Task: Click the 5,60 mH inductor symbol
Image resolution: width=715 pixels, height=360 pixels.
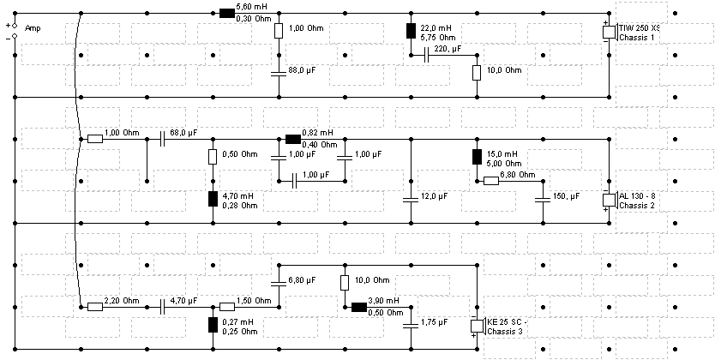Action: point(226,13)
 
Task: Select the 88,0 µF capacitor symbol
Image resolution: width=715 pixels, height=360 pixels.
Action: point(279,73)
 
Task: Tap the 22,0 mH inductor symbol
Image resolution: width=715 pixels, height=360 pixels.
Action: point(411,31)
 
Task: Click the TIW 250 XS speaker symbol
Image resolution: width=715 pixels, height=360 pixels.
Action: point(610,32)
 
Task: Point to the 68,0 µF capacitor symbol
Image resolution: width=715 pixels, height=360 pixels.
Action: point(163,139)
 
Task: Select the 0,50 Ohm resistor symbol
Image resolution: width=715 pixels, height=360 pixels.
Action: point(213,156)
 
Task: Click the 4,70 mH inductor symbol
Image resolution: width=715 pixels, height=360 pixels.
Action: point(213,199)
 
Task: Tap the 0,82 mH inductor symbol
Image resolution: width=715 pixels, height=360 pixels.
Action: point(292,139)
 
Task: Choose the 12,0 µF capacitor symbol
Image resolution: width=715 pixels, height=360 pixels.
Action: point(411,199)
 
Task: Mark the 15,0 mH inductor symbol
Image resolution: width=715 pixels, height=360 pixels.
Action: point(477,156)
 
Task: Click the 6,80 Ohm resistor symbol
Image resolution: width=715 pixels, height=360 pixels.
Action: point(491,181)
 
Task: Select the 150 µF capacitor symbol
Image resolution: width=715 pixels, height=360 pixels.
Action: point(543,199)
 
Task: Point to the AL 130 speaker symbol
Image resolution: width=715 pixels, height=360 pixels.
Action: point(610,200)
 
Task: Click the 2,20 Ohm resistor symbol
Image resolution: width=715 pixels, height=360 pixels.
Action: point(95,307)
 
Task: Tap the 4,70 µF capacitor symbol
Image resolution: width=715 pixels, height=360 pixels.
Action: point(163,307)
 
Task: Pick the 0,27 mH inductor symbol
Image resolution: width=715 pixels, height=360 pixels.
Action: point(213,325)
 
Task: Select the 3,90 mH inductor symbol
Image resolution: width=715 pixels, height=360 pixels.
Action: point(359,307)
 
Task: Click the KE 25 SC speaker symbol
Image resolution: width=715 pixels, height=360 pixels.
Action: point(478,327)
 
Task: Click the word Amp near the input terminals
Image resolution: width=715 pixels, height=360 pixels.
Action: point(33,28)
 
